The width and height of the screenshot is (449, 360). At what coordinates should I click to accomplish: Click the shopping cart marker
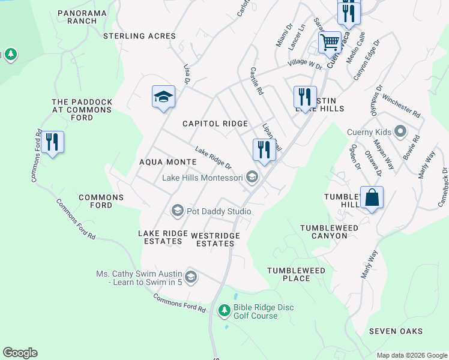[330, 42]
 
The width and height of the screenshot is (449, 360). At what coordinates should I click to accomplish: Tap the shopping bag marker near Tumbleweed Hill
[372, 198]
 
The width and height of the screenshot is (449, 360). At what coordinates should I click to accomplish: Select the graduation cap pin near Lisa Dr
[163, 97]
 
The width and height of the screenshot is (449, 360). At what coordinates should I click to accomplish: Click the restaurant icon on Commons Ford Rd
[53, 142]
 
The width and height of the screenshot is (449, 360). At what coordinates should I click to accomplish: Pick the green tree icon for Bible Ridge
[224, 310]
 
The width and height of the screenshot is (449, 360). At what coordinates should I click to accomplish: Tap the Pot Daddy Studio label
[218, 211]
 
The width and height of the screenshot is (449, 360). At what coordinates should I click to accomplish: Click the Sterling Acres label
[139, 36]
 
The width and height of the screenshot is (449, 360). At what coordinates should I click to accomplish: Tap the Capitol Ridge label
[215, 124]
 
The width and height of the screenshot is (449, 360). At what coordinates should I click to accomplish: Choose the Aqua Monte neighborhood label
[168, 162]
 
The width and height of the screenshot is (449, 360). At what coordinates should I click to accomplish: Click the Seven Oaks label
[396, 331]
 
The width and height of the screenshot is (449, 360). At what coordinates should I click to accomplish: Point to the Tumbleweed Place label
[297, 274]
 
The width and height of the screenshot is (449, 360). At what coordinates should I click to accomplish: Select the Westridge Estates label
[215, 239]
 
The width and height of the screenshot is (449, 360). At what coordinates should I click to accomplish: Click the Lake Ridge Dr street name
[213, 158]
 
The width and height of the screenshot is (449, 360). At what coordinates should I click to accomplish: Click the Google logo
[20, 353]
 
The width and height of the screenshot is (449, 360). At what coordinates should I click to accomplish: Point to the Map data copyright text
[411, 355]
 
